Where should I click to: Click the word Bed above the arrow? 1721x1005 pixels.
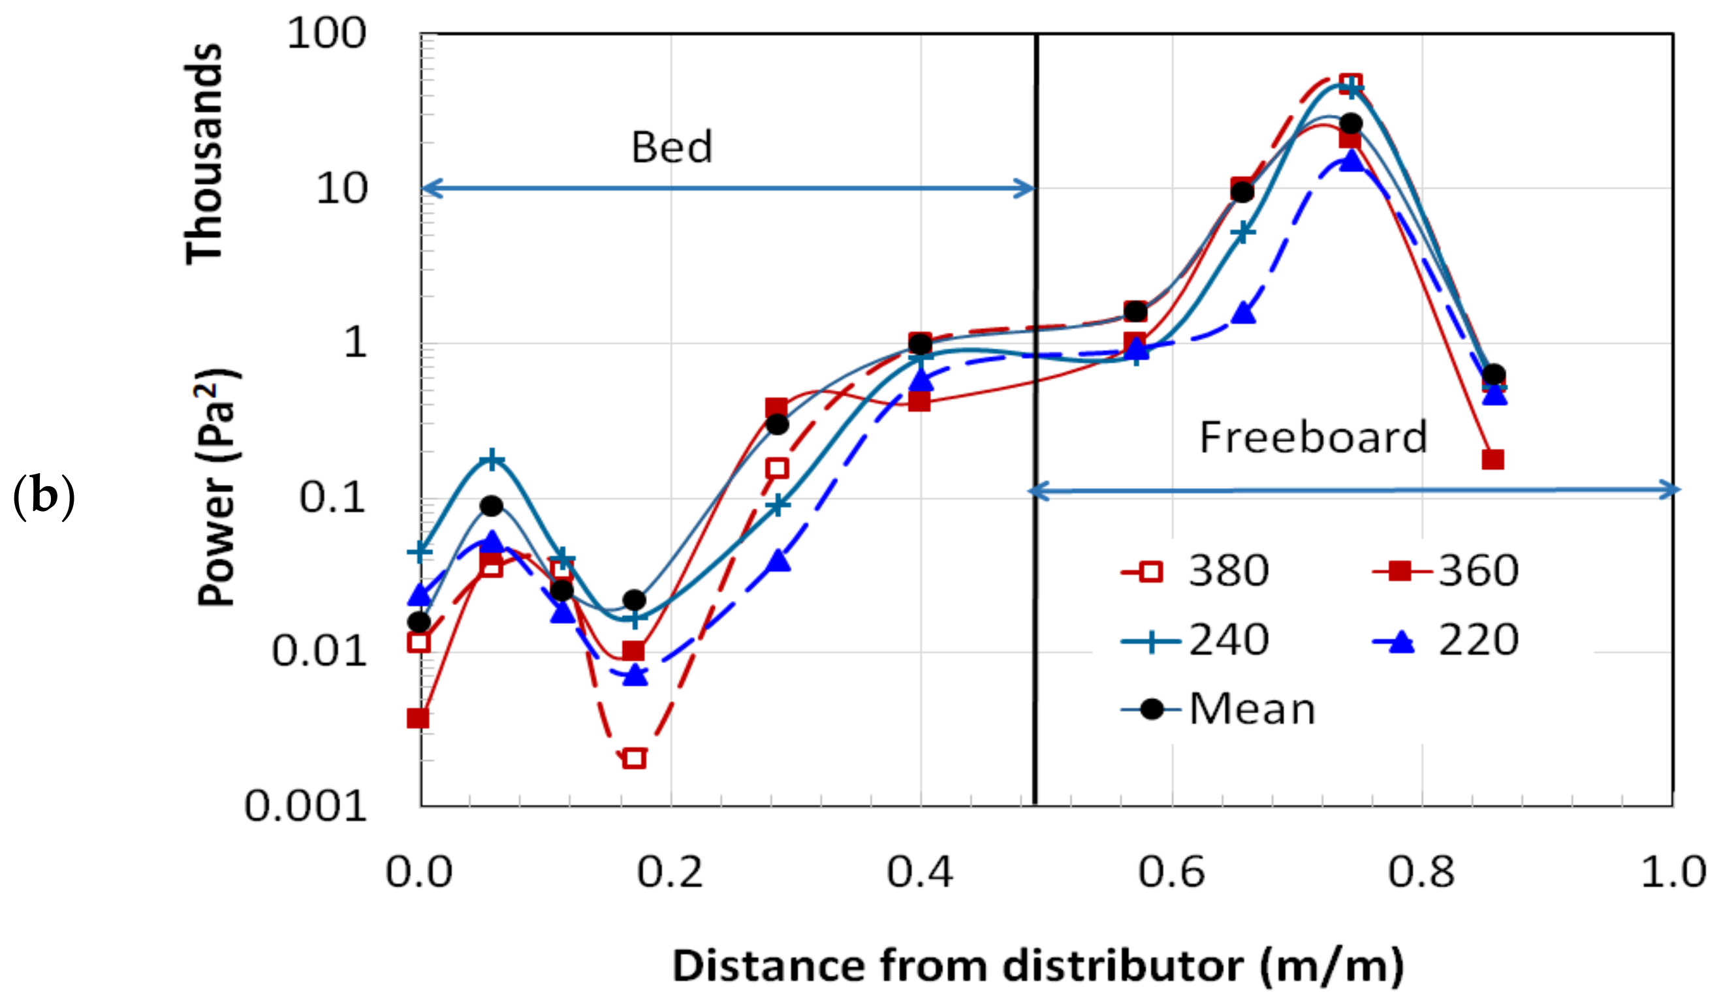tap(671, 147)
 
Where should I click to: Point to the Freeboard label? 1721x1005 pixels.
tap(1312, 437)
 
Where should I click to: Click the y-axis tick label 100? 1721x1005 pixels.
tap(326, 33)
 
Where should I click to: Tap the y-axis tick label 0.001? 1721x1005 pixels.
tap(306, 807)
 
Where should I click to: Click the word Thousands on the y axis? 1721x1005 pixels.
tap(204, 153)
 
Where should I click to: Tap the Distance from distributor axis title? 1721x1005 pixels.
tap(1037, 966)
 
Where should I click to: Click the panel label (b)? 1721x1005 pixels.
tap(44, 497)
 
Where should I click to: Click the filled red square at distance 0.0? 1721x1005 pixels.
tap(418, 719)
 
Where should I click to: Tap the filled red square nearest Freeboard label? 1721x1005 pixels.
tap(1493, 459)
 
